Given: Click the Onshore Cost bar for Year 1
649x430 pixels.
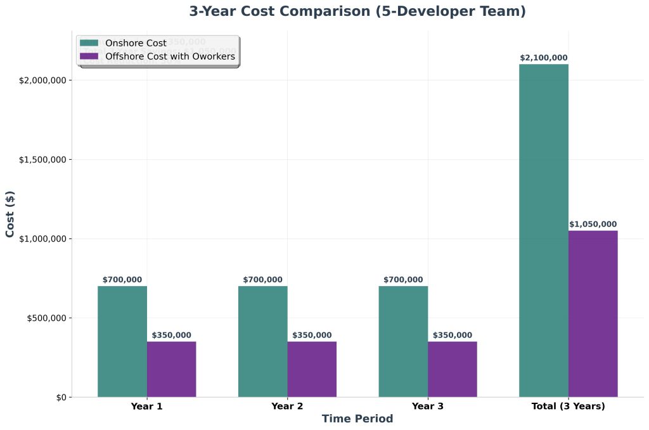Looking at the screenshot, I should click(x=122, y=341).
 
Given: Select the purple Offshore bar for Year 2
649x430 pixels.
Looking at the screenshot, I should click(x=312, y=369).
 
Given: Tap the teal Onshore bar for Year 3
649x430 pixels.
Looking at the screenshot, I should click(x=403, y=341).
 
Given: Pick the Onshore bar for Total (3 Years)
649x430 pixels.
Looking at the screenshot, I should click(x=544, y=230).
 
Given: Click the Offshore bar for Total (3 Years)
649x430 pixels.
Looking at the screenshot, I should click(x=593, y=313).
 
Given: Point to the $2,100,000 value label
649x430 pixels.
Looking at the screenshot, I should click(x=544, y=58).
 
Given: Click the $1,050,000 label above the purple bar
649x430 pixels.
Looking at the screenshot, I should click(x=593, y=224).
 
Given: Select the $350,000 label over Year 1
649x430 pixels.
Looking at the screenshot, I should click(x=172, y=335).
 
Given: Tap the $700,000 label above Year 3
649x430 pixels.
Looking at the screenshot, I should click(x=403, y=280).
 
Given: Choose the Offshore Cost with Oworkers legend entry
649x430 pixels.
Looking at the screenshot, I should click(x=170, y=56).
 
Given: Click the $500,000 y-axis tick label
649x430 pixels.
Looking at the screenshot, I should click(x=46, y=318).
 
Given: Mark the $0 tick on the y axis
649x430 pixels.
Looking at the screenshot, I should click(x=60, y=397).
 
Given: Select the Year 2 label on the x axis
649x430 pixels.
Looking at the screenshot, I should click(x=287, y=406).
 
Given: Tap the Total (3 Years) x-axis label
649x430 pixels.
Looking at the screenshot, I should click(x=568, y=406).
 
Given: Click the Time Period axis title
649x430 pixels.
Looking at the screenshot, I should click(x=357, y=419).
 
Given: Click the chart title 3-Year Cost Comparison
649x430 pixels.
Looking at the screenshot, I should click(x=357, y=11).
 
